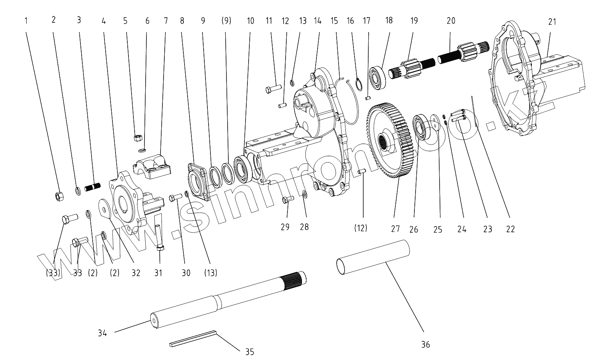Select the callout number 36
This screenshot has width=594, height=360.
click(x=425, y=344)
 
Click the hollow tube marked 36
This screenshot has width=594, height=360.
click(x=374, y=257)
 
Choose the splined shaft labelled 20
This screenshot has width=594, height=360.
click(x=463, y=53)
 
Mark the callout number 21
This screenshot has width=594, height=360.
click(x=552, y=22)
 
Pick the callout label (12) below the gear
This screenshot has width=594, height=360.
click(x=360, y=228)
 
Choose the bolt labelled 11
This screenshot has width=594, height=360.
click(x=273, y=89)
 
